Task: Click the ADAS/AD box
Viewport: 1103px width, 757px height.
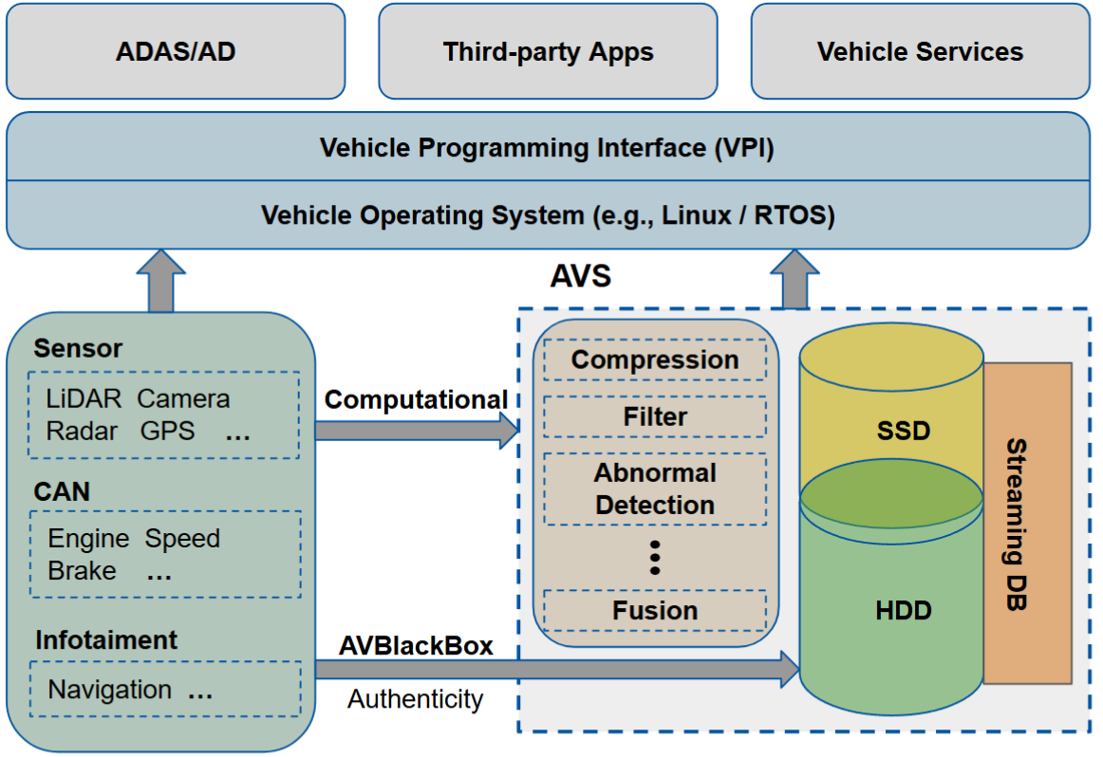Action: [176, 51]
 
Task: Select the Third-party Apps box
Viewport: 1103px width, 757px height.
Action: [548, 51]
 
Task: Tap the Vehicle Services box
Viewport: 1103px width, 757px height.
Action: [920, 51]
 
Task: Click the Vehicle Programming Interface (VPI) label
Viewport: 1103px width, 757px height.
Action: [549, 148]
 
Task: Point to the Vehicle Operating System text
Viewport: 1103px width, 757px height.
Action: [548, 215]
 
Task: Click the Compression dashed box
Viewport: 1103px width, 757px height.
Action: [655, 360]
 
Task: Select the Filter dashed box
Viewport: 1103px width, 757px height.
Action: [655, 416]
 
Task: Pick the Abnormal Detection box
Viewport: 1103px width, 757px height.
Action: [655, 489]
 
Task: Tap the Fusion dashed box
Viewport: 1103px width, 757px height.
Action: [655, 611]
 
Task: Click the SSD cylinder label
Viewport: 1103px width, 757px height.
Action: [904, 432]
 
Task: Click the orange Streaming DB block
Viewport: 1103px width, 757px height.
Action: [1027, 524]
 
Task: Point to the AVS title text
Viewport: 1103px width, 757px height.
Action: [581, 277]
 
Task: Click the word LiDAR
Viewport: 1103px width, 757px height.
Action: [84, 398]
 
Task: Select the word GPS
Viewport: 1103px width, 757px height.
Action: [167, 431]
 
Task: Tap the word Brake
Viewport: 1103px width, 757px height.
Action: [83, 571]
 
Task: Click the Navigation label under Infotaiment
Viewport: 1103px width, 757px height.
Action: [110, 690]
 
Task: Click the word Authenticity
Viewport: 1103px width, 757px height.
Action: [415, 700]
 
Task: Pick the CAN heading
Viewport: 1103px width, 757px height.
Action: [62, 491]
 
